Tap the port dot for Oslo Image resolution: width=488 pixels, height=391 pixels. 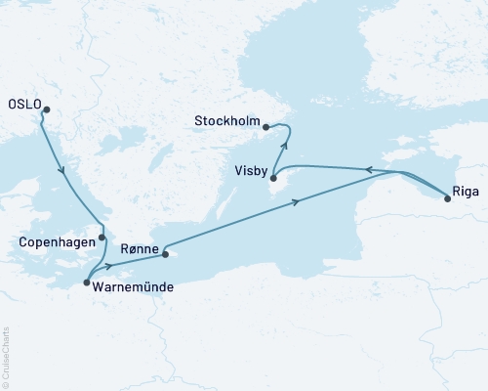point(45,110)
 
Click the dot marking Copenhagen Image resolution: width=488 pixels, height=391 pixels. point(102,238)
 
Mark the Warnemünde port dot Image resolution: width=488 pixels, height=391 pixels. point(87,282)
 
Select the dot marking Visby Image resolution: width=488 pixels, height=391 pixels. point(274,177)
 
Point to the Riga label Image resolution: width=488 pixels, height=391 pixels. point(467,192)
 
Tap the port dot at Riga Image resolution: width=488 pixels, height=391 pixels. point(447,198)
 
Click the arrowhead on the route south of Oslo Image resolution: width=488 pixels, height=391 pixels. point(63,172)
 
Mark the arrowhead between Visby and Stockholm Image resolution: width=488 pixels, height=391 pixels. point(284,148)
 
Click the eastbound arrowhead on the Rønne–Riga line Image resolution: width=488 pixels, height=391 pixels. point(296,201)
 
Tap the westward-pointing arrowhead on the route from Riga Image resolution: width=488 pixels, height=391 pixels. point(369,169)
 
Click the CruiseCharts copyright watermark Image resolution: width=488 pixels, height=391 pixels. point(7,356)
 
